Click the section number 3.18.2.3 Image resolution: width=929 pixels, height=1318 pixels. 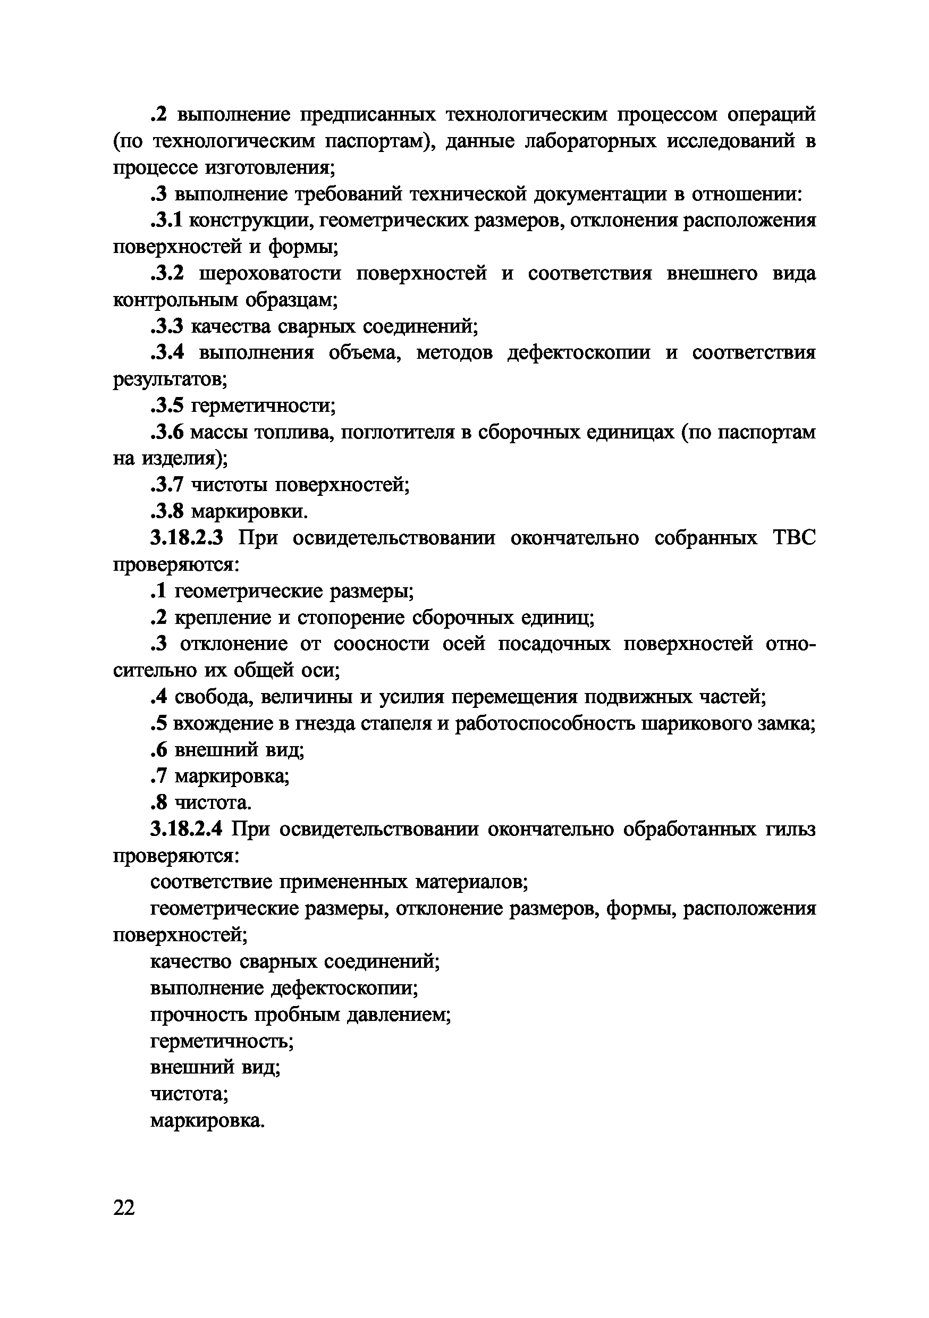[187, 538]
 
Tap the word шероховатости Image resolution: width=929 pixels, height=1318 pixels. [269, 274]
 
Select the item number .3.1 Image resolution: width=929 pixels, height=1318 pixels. [166, 221]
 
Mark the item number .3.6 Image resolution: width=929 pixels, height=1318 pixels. [167, 432]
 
